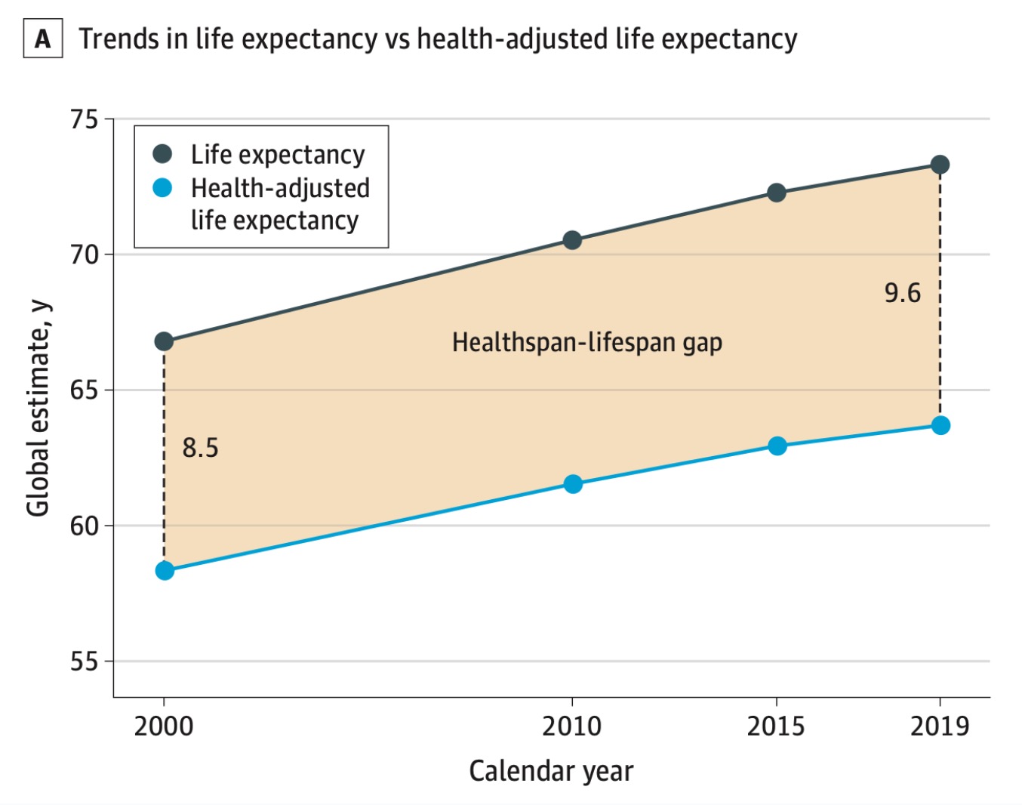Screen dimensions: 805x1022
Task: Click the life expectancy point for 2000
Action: [x=164, y=341]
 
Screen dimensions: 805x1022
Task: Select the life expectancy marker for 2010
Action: [x=572, y=240]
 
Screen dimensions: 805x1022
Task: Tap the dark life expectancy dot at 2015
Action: [x=777, y=193]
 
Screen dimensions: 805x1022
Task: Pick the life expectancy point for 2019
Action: [x=940, y=165]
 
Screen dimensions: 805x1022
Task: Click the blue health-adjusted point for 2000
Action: [x=165, y=570]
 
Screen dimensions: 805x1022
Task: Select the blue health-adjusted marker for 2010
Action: [x=573, y=483]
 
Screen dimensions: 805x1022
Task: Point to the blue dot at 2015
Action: [x=777, y=446]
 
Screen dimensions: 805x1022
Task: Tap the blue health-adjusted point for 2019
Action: [x=940, y=425]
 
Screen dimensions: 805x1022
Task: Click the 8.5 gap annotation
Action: [x=200, y=448]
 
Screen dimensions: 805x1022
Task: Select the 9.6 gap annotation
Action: [x=902, y=293]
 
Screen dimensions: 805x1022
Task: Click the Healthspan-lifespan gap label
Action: [x=587, y=342]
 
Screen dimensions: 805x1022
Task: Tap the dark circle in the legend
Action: [x=162, y=154]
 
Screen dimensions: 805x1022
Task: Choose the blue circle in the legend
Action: [x=162, y=187]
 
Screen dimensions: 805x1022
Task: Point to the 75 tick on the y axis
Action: [x=85, y=119]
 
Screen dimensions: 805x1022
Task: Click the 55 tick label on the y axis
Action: [x=85, y=662]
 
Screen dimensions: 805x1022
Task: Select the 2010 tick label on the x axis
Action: [x=572, y=726]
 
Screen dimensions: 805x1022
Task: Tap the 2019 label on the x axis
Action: [x=940, y=726]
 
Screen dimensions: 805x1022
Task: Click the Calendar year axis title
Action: [x=551, y=771]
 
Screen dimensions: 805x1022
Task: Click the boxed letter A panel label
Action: [x=43, y=39]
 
